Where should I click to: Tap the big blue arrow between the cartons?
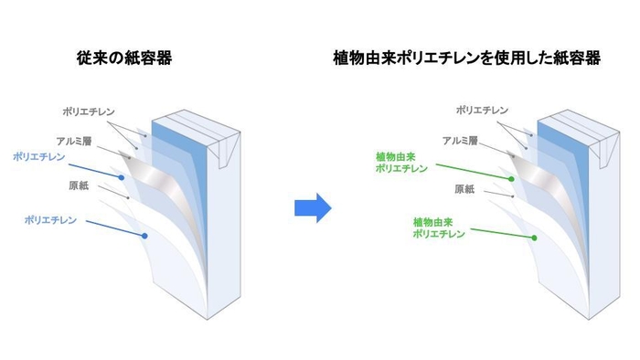pos(312,206)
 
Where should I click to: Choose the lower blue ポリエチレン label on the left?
pos(51,220)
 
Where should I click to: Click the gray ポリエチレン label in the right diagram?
pos(481,111)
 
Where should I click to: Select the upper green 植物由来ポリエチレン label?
pos(402,163)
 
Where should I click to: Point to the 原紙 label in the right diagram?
pos(464,189)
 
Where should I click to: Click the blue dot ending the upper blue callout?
pos(121,176)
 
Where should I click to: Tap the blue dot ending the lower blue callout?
pos(144,237)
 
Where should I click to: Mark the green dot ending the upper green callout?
pos(512,176)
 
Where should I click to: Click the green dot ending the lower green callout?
pos(535,238)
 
